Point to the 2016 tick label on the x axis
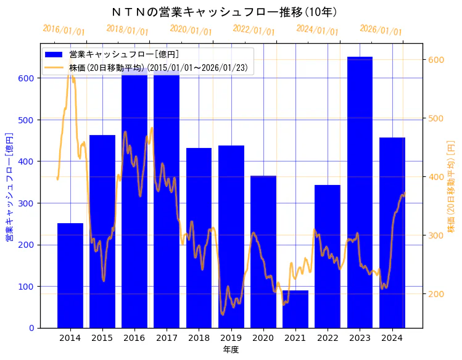coord(134,337)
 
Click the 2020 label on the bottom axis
coord(263,337)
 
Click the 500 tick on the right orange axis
coord(436,118)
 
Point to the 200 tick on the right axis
coord(436,294)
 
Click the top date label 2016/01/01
coord(64,30)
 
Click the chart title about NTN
coord(225,12)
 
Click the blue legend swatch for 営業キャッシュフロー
coord(55,54)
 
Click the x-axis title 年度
coord(231,350)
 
